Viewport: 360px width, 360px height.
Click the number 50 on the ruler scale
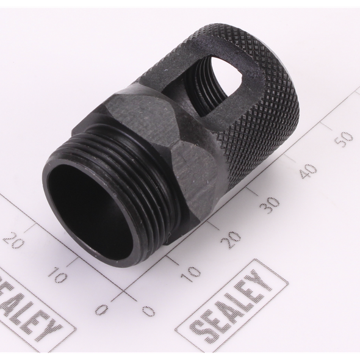coord(344,139)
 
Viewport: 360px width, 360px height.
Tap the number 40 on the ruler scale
coord(308,171)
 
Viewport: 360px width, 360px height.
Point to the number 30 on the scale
coord(270,204)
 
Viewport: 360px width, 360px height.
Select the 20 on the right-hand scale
coord(231,239)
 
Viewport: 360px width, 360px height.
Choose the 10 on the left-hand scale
coord(57,275)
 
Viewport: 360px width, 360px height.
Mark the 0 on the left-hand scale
coord(101,310)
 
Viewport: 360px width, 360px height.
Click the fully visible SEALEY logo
coord(233,309)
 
